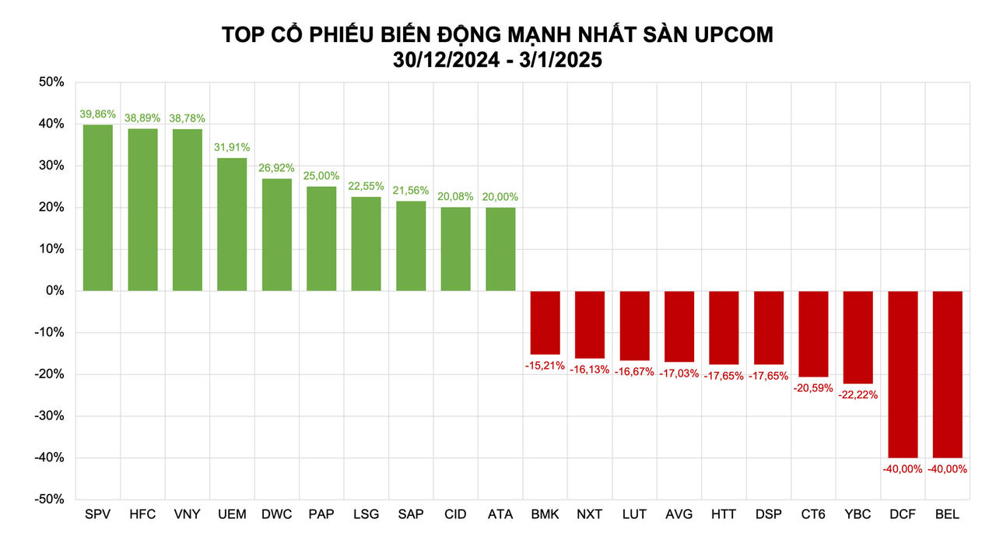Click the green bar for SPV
[x=98, y=208]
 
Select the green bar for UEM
[x=232, y=224]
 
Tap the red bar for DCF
[x=903, y=374]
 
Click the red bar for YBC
[x=858, y=337]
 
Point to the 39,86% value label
[x=98, y=114]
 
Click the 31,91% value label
[x=232, y=147]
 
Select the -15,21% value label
[x=545, y=364]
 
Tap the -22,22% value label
[x=858, y=394]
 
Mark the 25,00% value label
[x=321, y=177]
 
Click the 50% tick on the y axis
[x=51, y=82]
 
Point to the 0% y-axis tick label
[x=54, y=291]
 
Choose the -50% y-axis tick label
[x=50, y=499]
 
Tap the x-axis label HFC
[x=142, y=515]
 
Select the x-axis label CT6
[x=813, y=515]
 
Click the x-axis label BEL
[x=947, y=515]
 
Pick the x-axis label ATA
[x=500, y=515]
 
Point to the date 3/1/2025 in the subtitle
[x=556, y=60]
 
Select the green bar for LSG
[x=366, y=244]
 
